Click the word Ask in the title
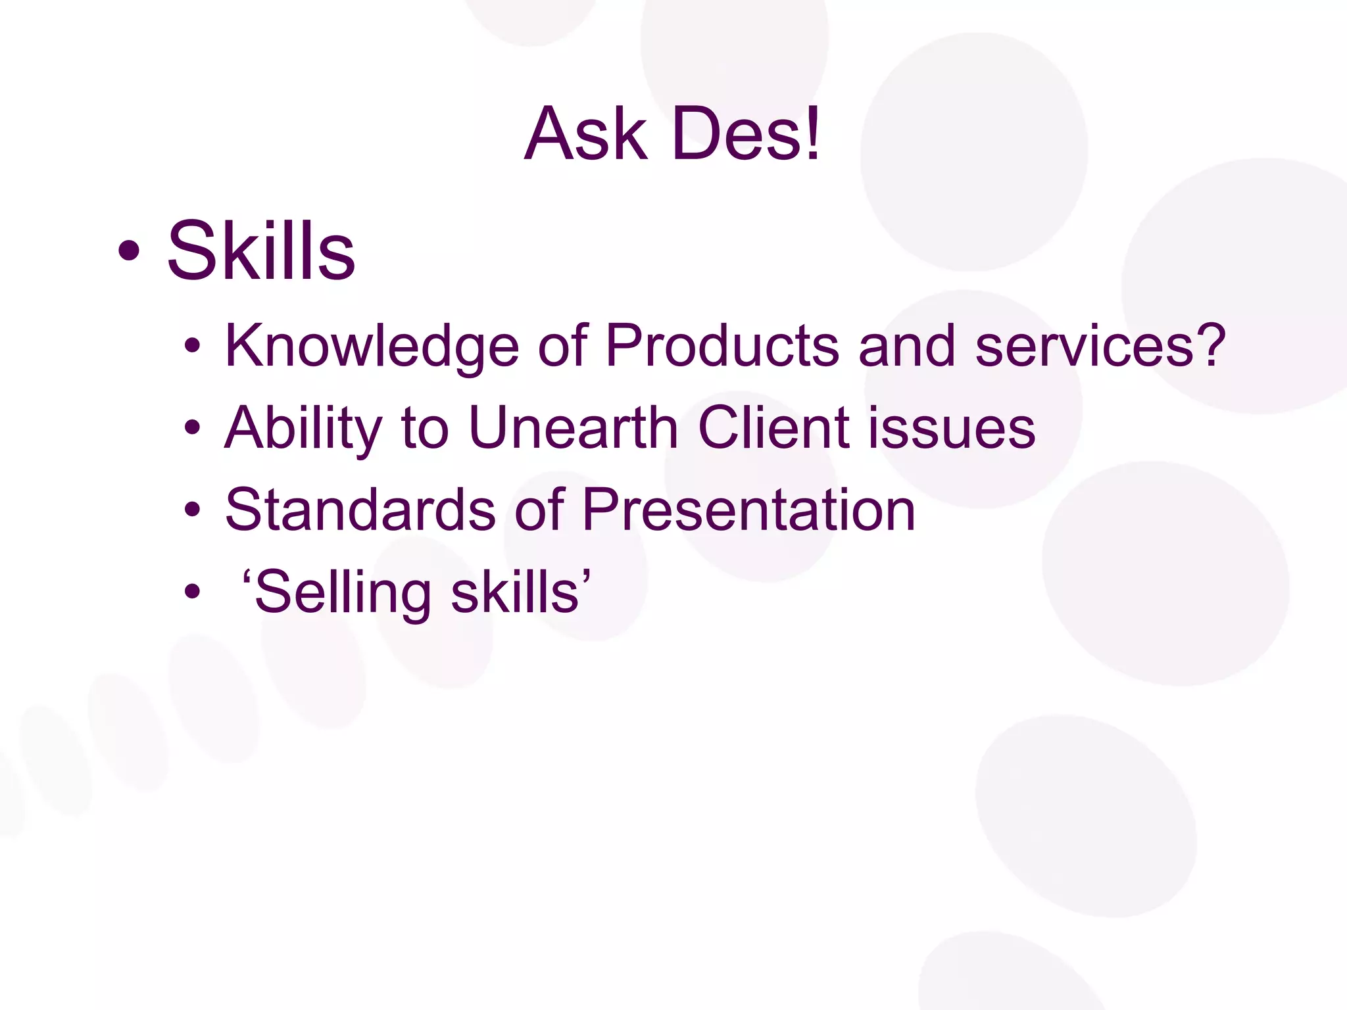click(585, 135)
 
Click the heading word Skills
click(261, 251)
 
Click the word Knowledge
click(372, 347)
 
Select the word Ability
click(303, 429)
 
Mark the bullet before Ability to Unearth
click(192, 428)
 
